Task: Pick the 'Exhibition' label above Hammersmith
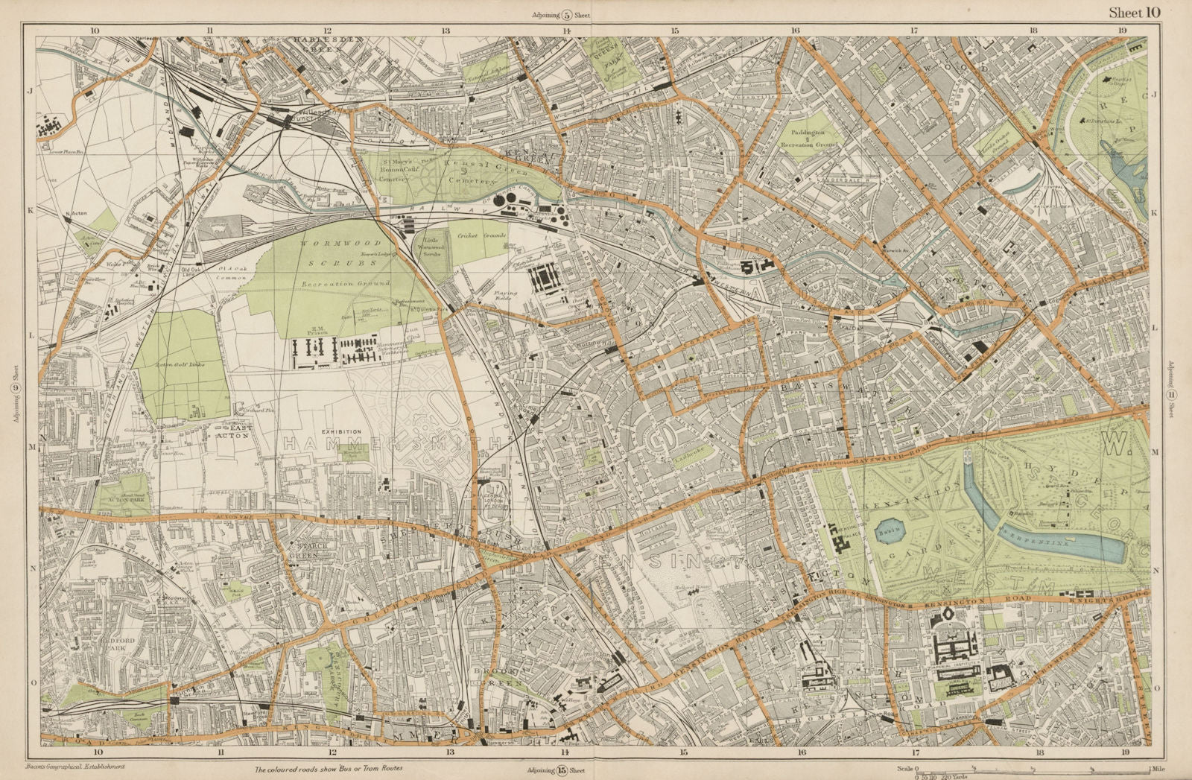(x=341, y=431)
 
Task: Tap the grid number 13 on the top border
(x=446, y=31)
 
